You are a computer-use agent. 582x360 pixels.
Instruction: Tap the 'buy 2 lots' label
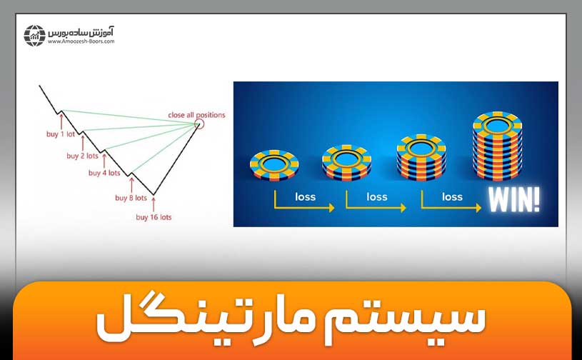82,155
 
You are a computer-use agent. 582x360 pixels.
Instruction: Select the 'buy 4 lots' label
104,172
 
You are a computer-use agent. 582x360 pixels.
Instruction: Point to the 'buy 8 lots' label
131,198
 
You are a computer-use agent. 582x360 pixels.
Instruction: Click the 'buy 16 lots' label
154,216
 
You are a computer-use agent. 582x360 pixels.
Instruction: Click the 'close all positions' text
196,114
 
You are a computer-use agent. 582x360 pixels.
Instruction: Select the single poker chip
274,164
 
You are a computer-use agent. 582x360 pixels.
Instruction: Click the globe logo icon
35,35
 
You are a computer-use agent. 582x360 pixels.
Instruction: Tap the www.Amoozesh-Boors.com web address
81,41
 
